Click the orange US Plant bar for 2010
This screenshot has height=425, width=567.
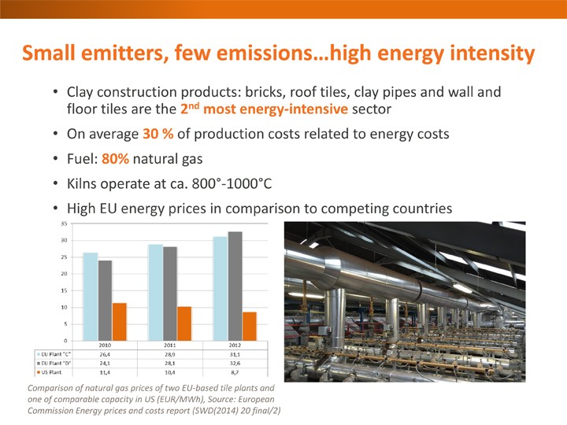(x=120, y=322)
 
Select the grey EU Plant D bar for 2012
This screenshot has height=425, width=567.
(x=235, y=286)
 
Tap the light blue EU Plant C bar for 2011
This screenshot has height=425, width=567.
(x=155, y=292)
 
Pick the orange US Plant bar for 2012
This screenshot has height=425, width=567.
(x=250, y=327)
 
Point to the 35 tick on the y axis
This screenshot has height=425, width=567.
(x=64, y=224)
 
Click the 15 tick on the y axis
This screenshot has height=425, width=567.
(x=64, y=290)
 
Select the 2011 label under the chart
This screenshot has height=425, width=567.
(x=170, y=346)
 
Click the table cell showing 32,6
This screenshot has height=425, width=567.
(x=235, y=363)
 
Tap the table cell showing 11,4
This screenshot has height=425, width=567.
(x=105, y=372)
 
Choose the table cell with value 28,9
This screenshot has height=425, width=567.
(x=170, y=354)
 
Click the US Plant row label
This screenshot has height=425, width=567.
(x=51, y=372)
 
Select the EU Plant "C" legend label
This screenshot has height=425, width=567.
(x=56, y=354)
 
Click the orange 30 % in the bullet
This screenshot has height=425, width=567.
(x=158, y=134)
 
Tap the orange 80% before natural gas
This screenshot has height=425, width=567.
(x=115, y=159)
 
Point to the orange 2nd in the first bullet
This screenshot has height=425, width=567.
(x=191, y=108)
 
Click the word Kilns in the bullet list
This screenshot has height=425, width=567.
(x=81, y=183)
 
